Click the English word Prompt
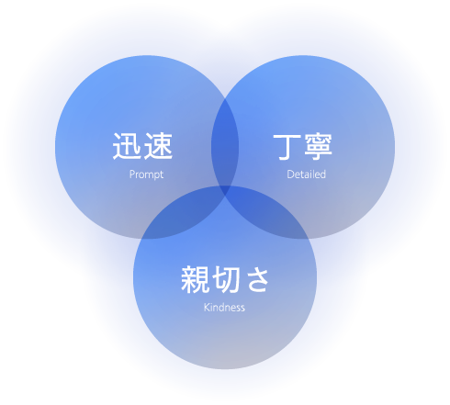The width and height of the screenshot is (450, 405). tap(146, 174)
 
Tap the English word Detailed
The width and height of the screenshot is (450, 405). tap(306, 174)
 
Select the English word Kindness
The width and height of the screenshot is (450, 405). tap(224, 307)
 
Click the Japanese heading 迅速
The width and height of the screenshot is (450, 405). tap(142, 146)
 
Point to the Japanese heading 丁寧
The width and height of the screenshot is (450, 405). tap(302, 147)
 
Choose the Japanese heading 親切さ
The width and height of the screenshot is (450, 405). tap(225, 279)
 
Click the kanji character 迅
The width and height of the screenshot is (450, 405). tap(127, 146)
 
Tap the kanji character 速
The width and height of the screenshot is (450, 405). tap(158, 146)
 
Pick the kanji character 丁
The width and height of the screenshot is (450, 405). tap(287, 147)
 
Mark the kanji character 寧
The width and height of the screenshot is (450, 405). tap(318, 147)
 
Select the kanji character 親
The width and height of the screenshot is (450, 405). tap(196, 279)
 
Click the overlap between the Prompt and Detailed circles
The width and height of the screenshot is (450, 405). tap(225, 144)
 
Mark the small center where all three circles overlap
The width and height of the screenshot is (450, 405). tap(225, 190)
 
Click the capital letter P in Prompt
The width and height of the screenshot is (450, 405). tap(132, 174)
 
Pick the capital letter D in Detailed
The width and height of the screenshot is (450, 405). tap(290, 174)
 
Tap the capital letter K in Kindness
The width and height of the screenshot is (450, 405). tap(207, 307)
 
